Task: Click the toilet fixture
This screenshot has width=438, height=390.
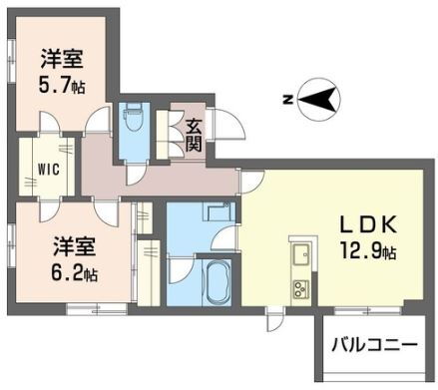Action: (133, 118)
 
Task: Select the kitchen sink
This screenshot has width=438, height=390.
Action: (301, 253)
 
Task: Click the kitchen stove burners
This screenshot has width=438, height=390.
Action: (301, 288)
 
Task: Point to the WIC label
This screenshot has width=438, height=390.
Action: (48, 170)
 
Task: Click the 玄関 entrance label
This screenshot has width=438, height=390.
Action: (195, 135)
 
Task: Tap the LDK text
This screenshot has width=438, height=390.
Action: (368, 224)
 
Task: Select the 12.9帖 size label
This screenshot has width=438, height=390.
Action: (367, 250)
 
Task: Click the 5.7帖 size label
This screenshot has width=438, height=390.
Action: (62, 85)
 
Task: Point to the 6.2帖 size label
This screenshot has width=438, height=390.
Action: (74, 272)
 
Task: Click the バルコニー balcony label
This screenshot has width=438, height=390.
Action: (375, 345)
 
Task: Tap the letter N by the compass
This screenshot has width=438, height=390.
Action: (287, 100)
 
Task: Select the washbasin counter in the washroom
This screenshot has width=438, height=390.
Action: (219, 210)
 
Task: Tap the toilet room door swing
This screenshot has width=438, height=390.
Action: (137, 174)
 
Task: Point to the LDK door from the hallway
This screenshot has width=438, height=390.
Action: (252, 182)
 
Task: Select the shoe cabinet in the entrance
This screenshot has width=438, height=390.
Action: (163, 135)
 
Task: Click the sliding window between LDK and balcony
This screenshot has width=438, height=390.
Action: (367, 310)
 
